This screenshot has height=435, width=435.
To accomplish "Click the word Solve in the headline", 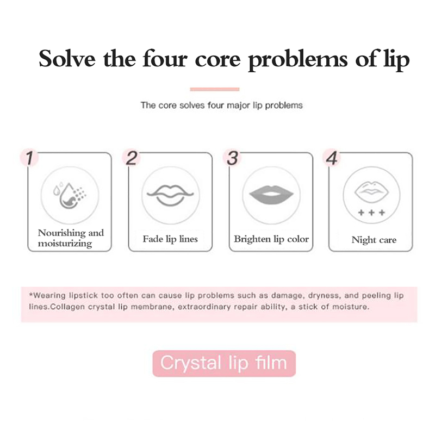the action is (67, 58).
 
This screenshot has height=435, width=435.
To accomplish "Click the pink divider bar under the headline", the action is (215, 89).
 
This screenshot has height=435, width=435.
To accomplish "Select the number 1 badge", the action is (29, 158).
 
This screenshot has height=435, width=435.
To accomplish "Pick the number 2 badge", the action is (131, 158).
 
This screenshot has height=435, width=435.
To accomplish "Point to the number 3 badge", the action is (232, 158).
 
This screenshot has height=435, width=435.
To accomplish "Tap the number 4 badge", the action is (332, 158).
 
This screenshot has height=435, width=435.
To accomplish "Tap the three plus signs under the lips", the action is (372, 213).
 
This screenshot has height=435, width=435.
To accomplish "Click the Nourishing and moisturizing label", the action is (71, 238).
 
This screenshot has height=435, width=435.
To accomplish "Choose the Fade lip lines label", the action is (170, 239).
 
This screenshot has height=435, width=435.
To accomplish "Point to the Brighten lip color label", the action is (271, 239).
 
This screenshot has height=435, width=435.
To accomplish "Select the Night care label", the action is (374, 240).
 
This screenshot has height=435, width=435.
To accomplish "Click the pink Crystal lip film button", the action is (224, 363).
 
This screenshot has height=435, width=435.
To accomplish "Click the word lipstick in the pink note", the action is (83, 295).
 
